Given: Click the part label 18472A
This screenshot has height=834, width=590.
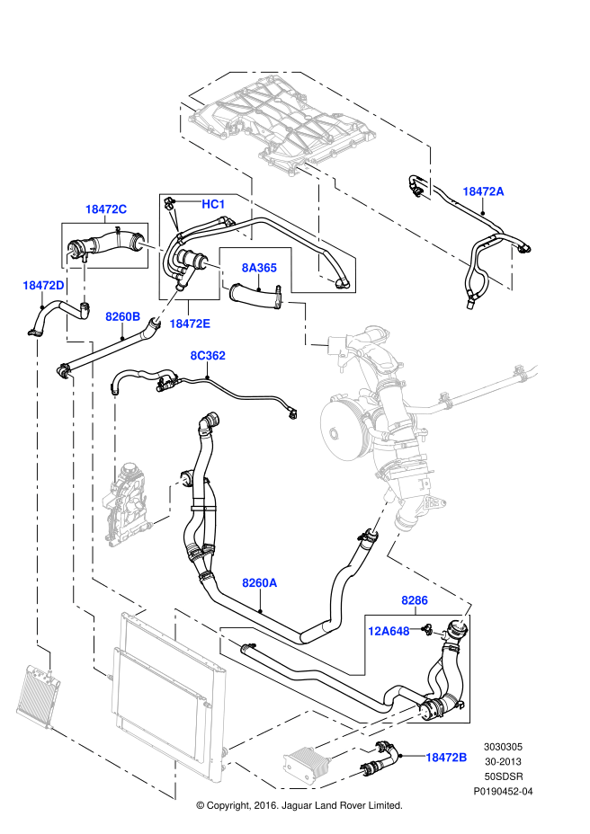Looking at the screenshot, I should [483, 191].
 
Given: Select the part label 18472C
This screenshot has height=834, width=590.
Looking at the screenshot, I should [106, 209].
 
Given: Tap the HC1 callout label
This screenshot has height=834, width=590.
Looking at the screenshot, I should [213, 205].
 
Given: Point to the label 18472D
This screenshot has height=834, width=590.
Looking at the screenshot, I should [43, 286].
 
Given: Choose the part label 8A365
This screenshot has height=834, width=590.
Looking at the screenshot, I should [258, 267].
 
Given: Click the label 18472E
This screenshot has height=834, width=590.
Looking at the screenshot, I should [190, 324].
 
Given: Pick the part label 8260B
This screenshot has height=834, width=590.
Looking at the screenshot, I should [122, 316].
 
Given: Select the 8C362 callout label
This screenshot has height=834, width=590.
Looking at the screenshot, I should [207, 356].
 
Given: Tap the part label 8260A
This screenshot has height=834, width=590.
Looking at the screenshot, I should [259, 583].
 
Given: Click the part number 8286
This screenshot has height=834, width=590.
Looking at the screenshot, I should [414, 599].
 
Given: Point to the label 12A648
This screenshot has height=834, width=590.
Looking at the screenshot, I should [389, 631].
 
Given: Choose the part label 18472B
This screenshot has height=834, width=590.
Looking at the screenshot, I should [445, 758].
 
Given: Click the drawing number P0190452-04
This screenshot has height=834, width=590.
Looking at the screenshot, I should [504, 791].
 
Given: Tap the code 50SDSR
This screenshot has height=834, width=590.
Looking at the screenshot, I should [504, 776].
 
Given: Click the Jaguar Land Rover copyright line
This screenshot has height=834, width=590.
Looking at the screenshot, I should [299, 805].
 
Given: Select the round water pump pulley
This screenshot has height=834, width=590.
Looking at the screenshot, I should [343, 426].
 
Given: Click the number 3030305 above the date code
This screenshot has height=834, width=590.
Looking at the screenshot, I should [504, 746].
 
